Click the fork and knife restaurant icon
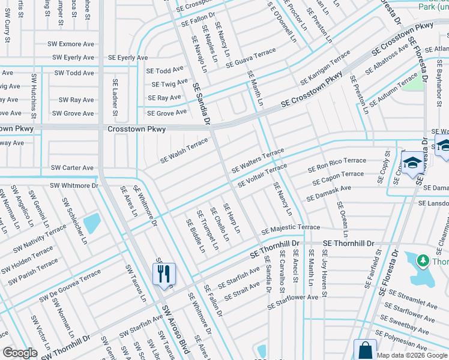pyautogui.click(x=164, y=274)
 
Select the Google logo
pyautogui.click(x=20, y=352)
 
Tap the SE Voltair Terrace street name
pyautogui.click(x=262, y=175)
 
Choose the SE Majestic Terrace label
pyautogui.click(x=291, y=229)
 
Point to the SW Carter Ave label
pyautogui.click(x=72, y=167)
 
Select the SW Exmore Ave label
pyautogui.click(x=71, y=44)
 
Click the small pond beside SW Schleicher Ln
pyautogui.click(x=92, y=224)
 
